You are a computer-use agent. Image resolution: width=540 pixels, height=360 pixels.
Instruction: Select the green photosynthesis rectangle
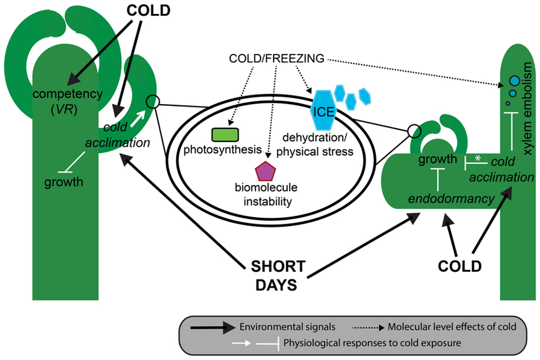point(226,135)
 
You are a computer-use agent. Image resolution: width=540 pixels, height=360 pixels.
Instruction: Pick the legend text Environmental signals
point(278,326)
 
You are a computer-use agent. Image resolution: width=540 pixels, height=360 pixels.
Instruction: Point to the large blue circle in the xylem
point(515,82)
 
